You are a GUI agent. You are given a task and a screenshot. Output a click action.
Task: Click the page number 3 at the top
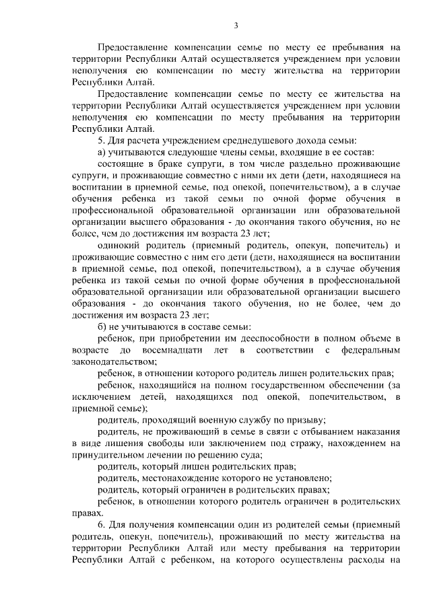(236, 26)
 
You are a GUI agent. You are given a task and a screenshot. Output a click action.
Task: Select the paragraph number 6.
(100, 523)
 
